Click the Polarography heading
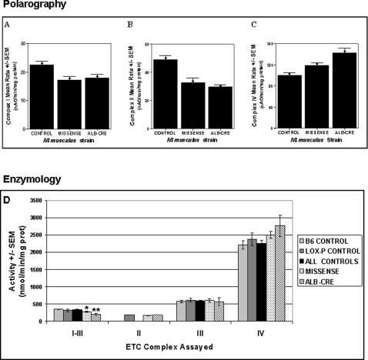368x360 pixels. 32,5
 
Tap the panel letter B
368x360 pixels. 129,25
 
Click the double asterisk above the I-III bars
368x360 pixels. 96,310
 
